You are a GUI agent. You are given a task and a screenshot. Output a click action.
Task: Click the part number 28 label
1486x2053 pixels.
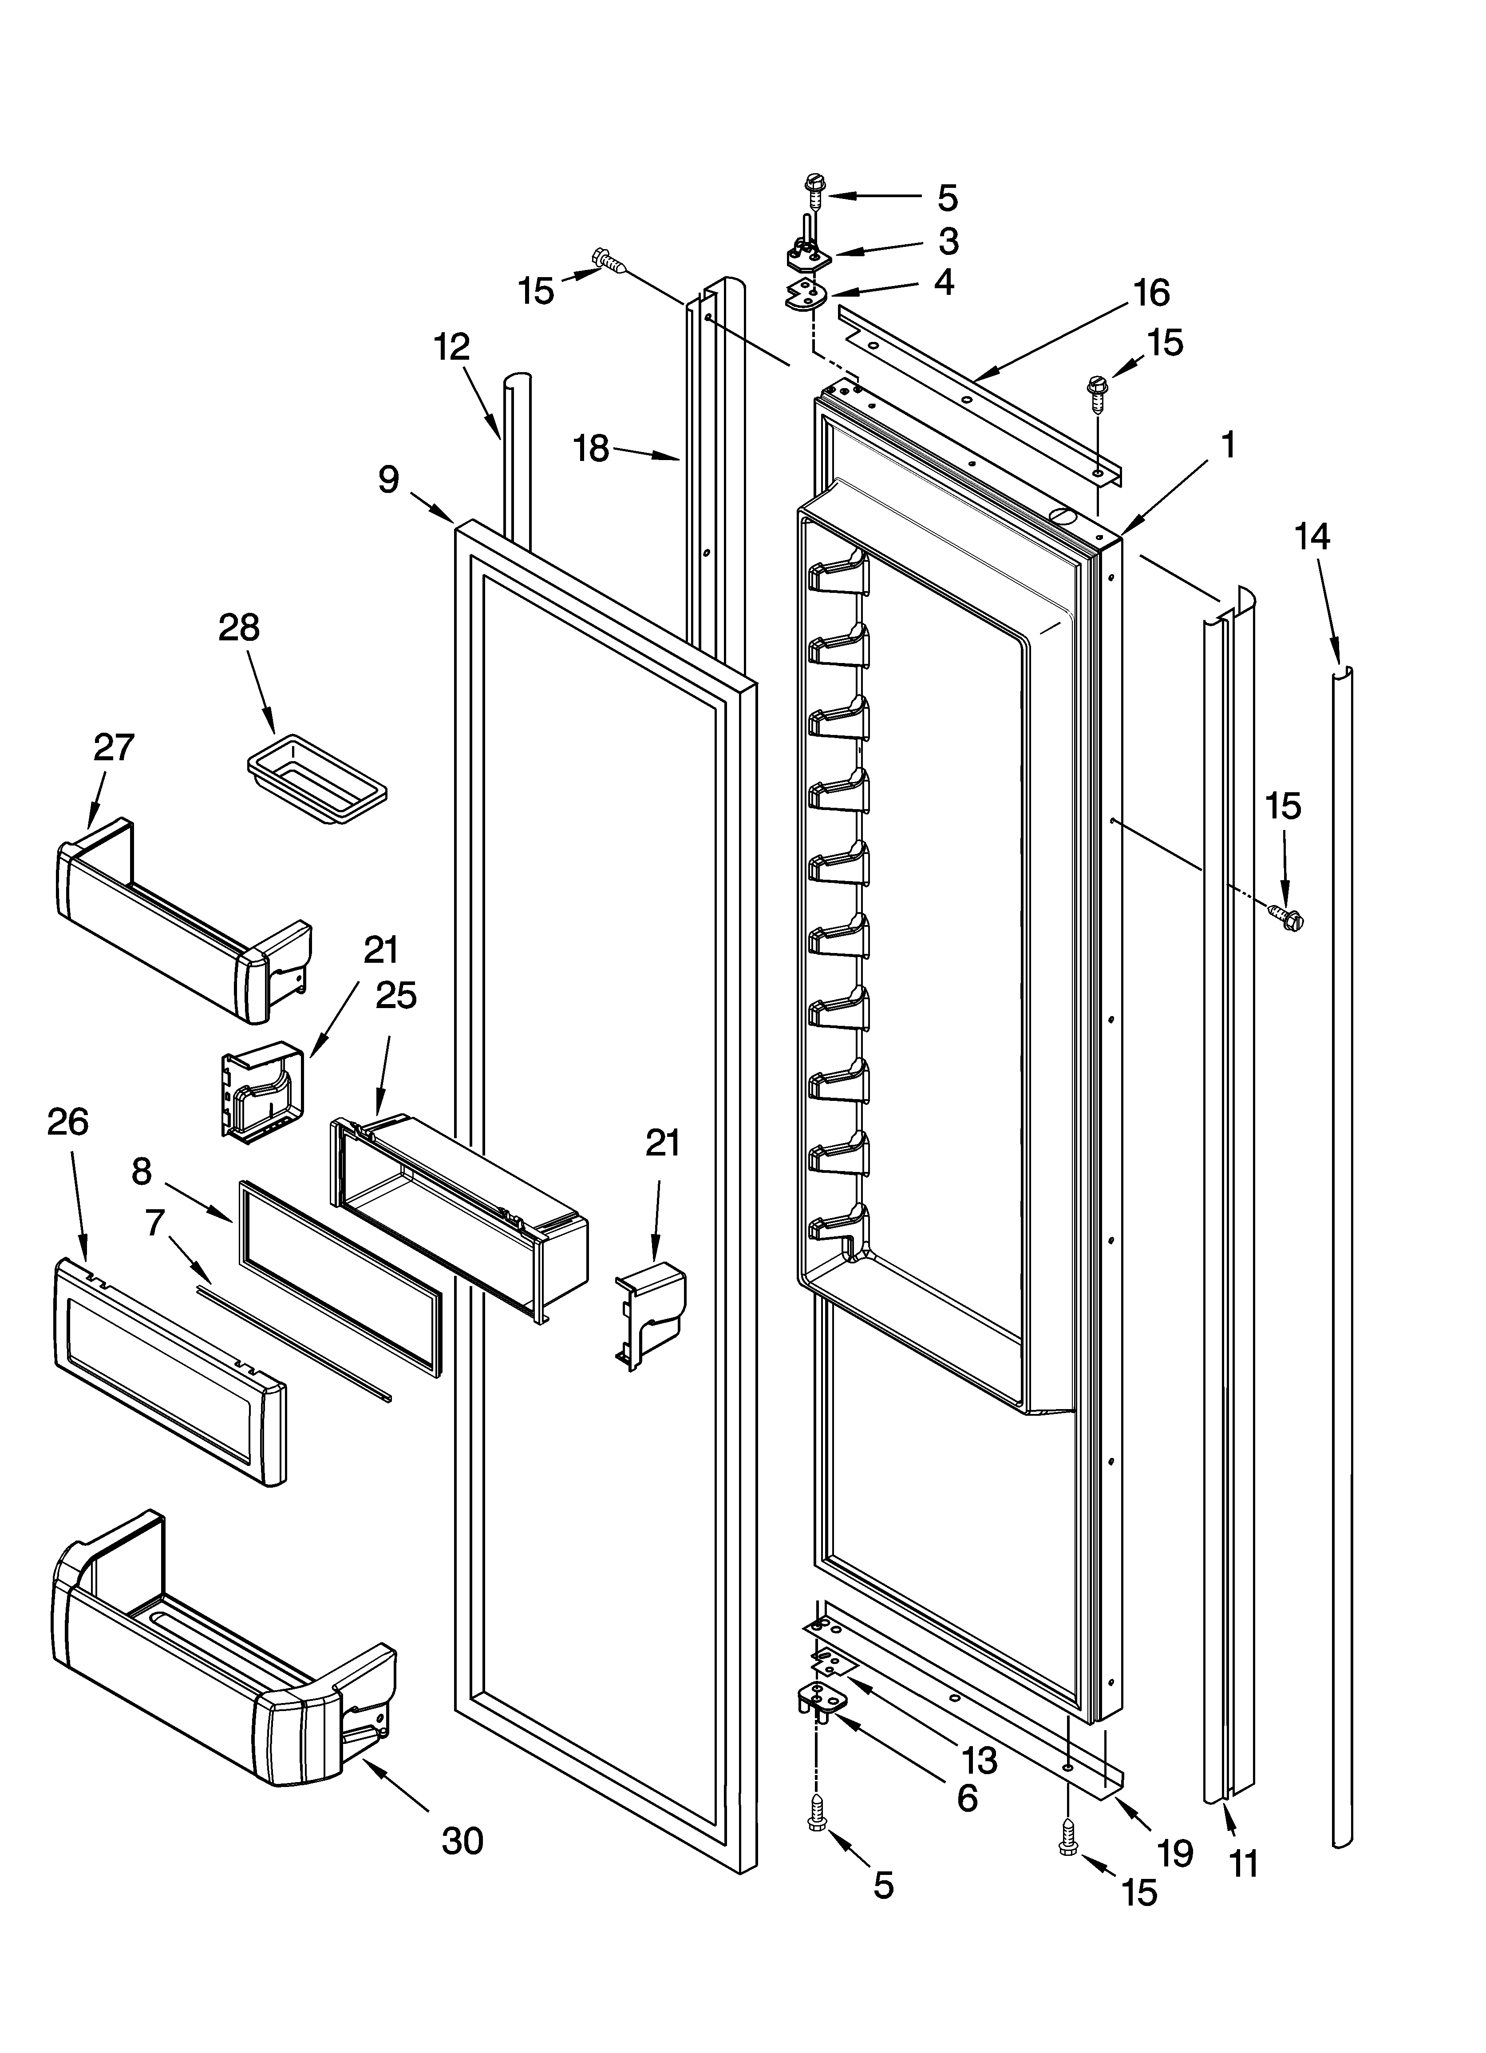[239, 627]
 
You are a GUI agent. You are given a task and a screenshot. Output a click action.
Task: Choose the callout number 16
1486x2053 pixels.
[1151, 292]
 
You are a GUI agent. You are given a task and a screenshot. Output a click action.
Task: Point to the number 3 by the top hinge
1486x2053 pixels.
[948, 241]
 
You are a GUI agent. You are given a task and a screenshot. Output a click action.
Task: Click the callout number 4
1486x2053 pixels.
[944, 282]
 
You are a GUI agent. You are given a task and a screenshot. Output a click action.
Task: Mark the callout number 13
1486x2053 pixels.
[979, 1760]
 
